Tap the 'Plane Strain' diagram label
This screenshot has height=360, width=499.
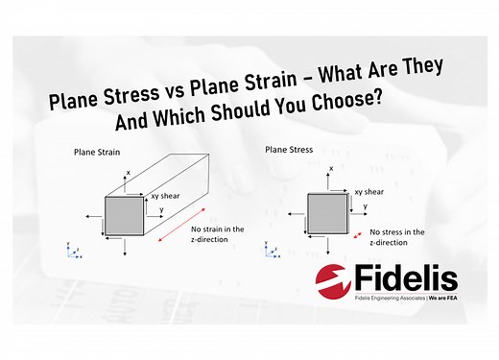point(94,152)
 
